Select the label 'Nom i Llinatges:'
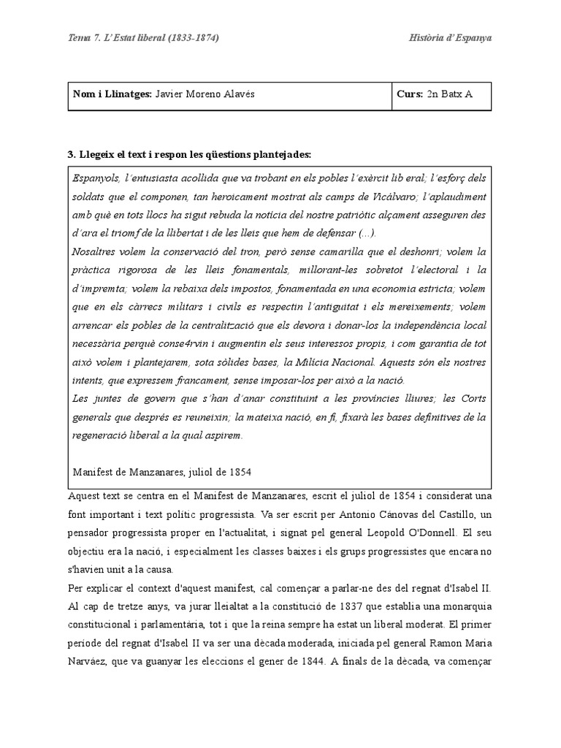click(x=112, y=94)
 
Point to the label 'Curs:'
click(x=410, y=94)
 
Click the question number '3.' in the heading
click(x=72, y=154)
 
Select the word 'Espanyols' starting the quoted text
click(x=96, y=178)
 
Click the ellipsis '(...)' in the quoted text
click(x=365, y=234)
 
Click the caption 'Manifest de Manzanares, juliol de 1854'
click(x=162, y=472)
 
